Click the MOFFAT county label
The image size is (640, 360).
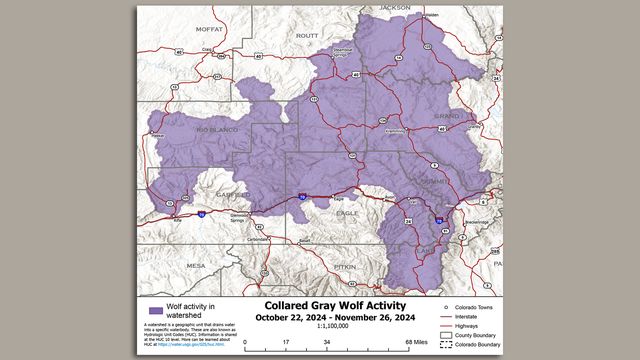pyautogui.click(x=210, y=30)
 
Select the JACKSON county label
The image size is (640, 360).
pyautogui.click(x=394, y=8)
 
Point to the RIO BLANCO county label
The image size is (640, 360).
pyautogui.click(x=215, y=131)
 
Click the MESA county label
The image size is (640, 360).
pyautogui.click(x=195, y=265)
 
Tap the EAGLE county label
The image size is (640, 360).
pyautogui.click(x=347, y=213)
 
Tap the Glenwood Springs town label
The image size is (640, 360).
pyautogui.click(x=239, y=217)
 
